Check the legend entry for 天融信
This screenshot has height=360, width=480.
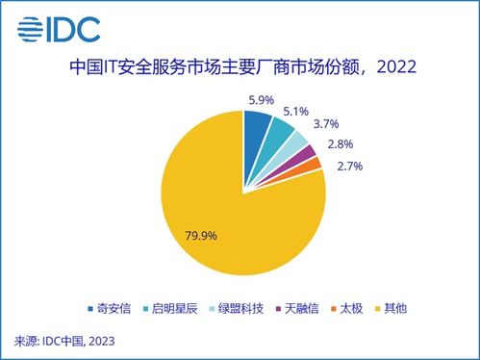[317, 310]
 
